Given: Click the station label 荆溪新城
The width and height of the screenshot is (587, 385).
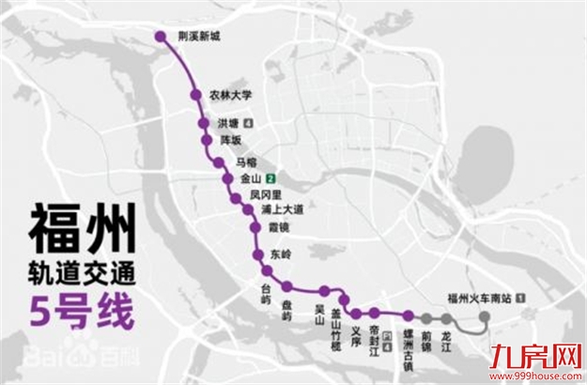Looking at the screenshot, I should point(200,37).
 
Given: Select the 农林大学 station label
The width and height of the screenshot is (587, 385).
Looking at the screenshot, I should point(234,95).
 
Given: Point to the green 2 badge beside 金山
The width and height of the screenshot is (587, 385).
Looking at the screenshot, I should point(270,177).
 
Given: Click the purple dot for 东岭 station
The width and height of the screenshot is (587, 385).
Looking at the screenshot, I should point(256,256).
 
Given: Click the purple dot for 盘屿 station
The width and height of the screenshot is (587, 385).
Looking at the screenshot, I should point(287,286).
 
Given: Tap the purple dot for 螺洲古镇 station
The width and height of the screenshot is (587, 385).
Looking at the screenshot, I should point(409,316).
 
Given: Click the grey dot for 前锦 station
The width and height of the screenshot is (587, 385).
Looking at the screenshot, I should point(426,317).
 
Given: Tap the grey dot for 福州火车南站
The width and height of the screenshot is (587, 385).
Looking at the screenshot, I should point(484,317).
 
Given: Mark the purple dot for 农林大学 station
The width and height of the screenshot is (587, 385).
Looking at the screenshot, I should point(195,94).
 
